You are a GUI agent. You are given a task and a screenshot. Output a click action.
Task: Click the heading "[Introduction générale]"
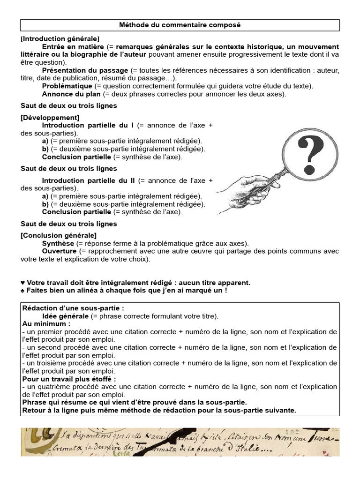pos(60,38)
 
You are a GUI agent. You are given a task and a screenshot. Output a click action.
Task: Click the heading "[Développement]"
pos(50,117)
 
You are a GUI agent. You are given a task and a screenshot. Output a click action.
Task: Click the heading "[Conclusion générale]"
pos(59,235)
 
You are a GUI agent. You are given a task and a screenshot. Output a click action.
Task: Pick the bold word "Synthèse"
pos(58,243)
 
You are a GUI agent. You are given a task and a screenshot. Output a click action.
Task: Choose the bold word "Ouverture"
pos(60,251)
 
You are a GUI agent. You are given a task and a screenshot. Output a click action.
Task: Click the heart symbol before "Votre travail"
pos(23,283)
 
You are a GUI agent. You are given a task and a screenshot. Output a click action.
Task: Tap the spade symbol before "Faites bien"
pos(23,291)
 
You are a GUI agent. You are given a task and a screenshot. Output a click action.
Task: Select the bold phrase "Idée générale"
pos(65,316)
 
